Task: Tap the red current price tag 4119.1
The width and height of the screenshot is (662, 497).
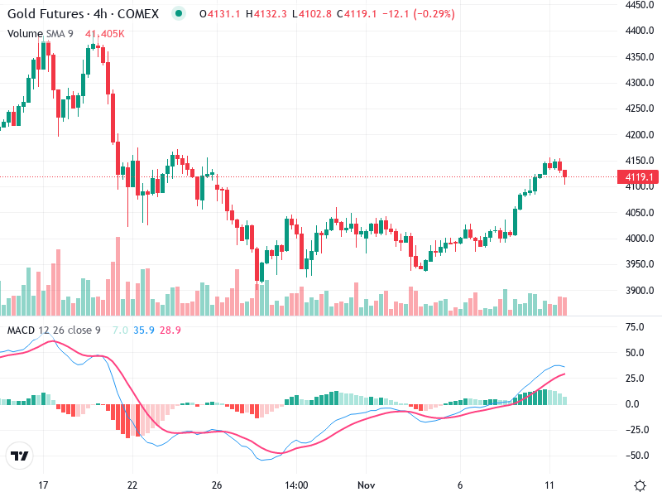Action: [640, 177]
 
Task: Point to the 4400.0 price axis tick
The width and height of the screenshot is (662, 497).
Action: [640, 31]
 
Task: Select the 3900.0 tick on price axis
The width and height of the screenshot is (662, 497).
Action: [640, 291]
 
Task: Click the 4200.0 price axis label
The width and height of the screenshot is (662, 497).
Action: [640, 135]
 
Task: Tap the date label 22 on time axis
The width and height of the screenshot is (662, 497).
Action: [132, 485]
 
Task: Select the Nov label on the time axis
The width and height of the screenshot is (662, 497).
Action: [365, 485]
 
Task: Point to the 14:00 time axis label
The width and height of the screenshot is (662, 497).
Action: [295, 485]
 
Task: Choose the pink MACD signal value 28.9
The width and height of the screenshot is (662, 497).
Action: [170, 331]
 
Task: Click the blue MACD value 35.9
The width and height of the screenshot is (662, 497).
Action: [145, 331]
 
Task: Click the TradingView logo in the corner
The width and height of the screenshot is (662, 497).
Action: [19, 456]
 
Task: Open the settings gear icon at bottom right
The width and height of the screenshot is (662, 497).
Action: [640, 485]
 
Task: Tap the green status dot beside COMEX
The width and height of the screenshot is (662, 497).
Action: [179, 14]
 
